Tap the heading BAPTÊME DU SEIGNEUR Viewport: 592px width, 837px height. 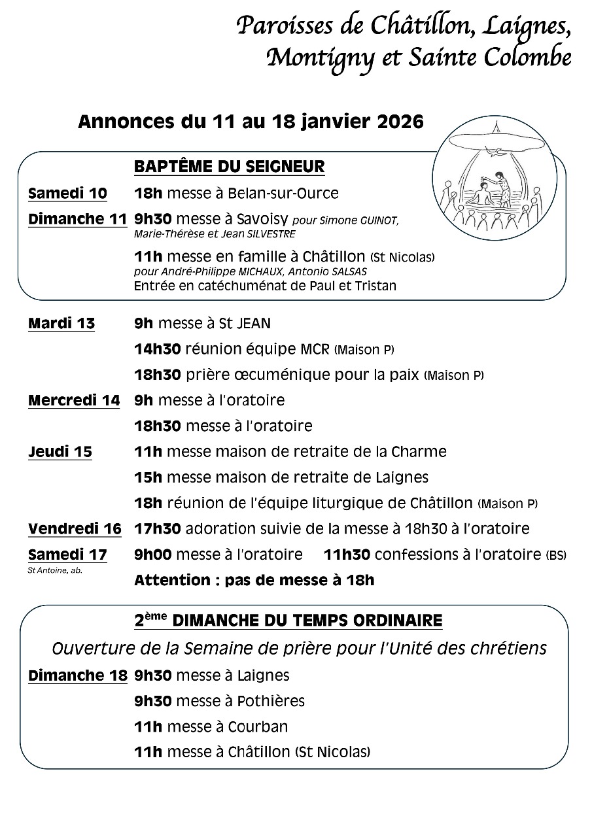tap(229, 167)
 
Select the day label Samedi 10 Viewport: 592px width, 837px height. tap(67, 194)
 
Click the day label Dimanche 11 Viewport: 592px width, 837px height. tap(77, 220)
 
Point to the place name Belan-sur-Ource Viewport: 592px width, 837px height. tap(283, 194)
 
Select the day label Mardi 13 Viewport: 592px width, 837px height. tap(61, 323)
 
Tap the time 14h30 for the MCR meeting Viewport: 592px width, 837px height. tap(157, 349)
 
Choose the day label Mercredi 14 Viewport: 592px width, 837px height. tap(74, 400)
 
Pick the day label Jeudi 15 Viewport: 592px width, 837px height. tap(60, 452)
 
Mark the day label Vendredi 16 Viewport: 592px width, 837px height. tap(75, 529)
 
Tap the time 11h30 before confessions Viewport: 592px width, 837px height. tap(347, 555)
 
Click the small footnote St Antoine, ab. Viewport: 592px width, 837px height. tap(55, 570)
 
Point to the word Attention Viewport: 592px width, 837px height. tap(171, 580)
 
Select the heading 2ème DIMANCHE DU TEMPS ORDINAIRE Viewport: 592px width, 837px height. tap(288, 621)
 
